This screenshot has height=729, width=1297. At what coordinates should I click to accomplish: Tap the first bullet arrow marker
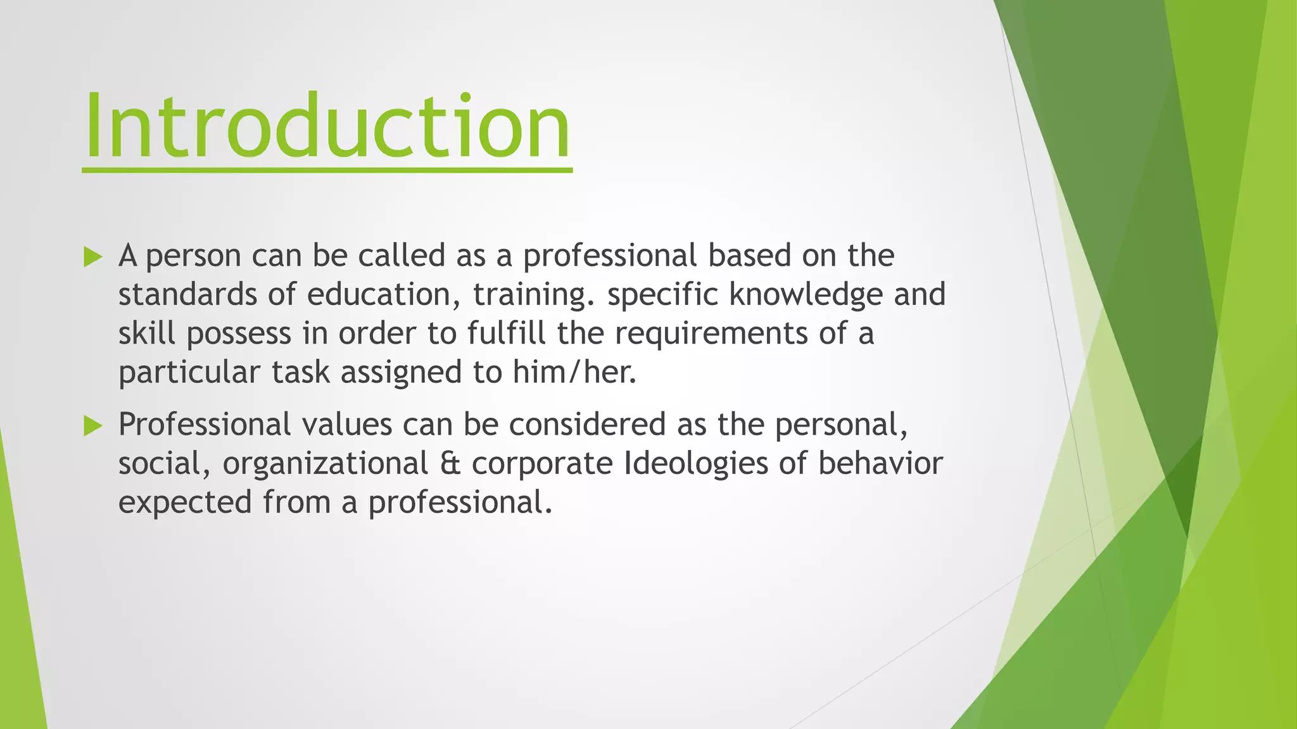92,257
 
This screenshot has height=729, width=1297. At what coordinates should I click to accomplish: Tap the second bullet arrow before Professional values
92,426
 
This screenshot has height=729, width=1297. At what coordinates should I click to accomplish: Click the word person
193,256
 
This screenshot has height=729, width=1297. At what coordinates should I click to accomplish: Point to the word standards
187,295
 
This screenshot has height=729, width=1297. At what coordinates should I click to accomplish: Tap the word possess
238,334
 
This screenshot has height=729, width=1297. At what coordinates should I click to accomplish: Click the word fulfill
506,333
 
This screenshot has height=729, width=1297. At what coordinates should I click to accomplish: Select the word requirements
711,334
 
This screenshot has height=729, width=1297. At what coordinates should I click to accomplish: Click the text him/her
574,372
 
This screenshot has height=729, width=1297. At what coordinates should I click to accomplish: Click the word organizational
326,464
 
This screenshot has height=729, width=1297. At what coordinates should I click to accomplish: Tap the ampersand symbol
450,463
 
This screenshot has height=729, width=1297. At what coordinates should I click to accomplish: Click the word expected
186,503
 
